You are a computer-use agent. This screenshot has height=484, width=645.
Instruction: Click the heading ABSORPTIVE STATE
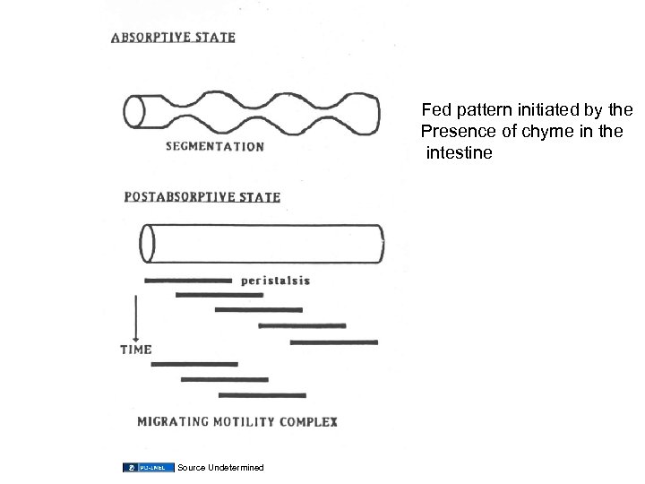[173, 38]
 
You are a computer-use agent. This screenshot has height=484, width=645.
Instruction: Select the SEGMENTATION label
[214, 146]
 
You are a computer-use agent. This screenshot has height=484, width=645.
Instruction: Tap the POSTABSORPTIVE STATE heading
[202, 196]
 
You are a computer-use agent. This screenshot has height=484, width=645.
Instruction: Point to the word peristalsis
[276, 281]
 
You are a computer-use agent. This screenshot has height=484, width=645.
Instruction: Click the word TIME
[136, 350]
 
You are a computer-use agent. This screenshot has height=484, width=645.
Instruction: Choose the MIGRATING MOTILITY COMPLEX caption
[236, 420]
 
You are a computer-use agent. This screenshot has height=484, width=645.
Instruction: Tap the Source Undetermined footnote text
[221, 468]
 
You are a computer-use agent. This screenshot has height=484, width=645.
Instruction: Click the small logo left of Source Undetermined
[149, 468]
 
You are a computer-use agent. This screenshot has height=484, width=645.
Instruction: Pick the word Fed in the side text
[437, 111]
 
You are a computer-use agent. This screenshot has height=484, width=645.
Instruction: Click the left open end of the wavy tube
[135, 112]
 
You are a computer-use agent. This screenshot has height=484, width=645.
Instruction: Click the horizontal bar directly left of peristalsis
[188, 281]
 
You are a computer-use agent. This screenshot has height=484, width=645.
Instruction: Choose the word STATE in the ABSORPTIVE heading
[216, 38]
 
